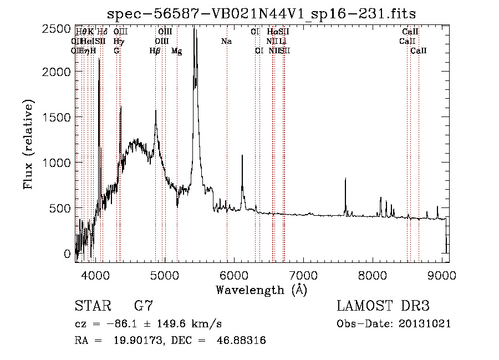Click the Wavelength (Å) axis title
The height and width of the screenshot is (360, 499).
pyautogui.click(x=261, y=290)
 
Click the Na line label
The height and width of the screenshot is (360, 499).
pyautogui.click(x=226, y=42)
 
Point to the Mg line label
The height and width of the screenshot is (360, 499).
pyautogui.click(x=176, y=51)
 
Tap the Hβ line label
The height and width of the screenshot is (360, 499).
pyautogui.click(x=155, y=51)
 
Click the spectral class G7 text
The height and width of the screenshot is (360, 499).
pyautogui.click(x=144, y=306)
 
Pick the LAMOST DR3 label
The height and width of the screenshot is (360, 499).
pyautogui.click(x=383, y=306)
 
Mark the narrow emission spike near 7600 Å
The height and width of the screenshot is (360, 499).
pyautogui.click(x=345, y=180)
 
